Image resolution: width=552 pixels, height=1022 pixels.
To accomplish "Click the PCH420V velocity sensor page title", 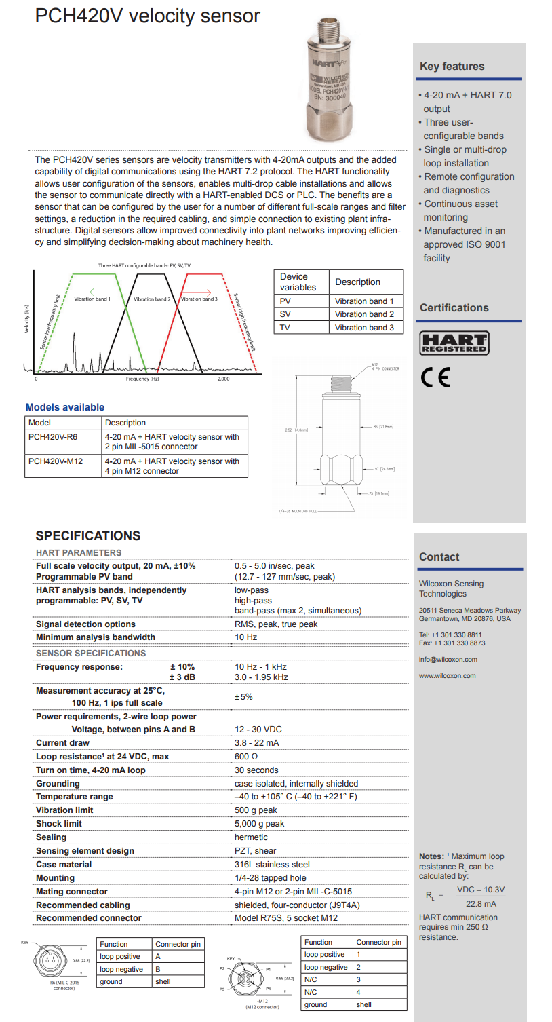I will (147, 16).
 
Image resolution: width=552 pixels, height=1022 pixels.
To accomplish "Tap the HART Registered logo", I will (454, 343).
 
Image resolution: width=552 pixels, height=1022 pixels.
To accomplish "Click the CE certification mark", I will (435, 377).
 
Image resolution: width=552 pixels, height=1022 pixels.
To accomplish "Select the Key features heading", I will (452, 67).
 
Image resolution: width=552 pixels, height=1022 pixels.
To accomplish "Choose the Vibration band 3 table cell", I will (364, 328).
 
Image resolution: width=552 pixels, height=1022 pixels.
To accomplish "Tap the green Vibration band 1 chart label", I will (92, 299).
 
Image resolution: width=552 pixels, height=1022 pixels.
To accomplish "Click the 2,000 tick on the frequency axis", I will (223, 379).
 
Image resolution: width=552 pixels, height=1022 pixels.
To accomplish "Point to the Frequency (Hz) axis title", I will (142, 379).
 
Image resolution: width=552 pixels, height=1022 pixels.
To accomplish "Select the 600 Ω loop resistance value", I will (246, 757).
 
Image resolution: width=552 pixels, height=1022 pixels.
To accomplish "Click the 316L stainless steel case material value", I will (272, 865).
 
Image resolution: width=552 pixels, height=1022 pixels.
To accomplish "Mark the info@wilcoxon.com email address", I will (448, 660).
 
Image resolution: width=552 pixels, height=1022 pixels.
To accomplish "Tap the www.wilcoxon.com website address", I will (447, 676).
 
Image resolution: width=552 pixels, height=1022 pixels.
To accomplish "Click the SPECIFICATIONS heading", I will (88, 536).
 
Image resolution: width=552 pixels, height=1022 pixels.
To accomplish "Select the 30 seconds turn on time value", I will (256, 770).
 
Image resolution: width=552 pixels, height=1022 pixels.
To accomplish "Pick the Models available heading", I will (65, 407).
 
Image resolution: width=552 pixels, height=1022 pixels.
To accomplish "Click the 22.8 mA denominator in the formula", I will (481, 903).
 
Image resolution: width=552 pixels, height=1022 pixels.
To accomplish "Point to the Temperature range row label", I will (75, 797).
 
